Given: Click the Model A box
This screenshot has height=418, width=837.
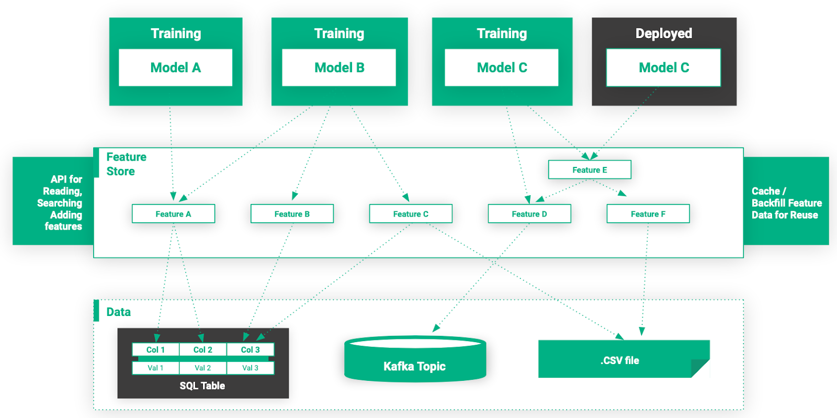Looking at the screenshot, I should click(x=175, y=67).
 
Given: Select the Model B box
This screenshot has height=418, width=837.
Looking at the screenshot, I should click(x=339, y=67).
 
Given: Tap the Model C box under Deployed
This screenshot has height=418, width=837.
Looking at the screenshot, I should click(x=663, y=67).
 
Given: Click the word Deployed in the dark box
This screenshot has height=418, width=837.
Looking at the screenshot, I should click(x=663, y=33).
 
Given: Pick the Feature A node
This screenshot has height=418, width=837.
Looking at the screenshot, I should click(x=173, y=214).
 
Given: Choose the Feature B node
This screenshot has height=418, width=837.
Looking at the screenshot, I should click(x=292, y=214).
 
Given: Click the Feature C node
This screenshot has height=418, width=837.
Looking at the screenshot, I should click(x=411, y=214).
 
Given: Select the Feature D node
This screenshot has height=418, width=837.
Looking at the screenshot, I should click(x=529, y=214).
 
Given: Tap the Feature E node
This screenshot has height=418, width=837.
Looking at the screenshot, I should click(x=590, y=170).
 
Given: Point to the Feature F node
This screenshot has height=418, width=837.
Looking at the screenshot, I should click(x=648, y=214).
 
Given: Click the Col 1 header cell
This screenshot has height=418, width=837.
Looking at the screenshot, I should click(x=155, y=349).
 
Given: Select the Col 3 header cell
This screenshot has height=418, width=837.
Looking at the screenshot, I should click(x=250, y=349).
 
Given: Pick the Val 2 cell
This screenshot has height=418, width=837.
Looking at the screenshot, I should click(x=203, y=368).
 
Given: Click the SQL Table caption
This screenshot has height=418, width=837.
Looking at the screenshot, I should click(x=202, y=386).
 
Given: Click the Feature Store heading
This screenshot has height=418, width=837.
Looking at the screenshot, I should click(x=126, y=164).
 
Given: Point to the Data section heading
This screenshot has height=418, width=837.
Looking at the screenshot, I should click(x=119, y=312).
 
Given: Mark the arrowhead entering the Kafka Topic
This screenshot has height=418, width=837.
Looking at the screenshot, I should click(x=436, y=328).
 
